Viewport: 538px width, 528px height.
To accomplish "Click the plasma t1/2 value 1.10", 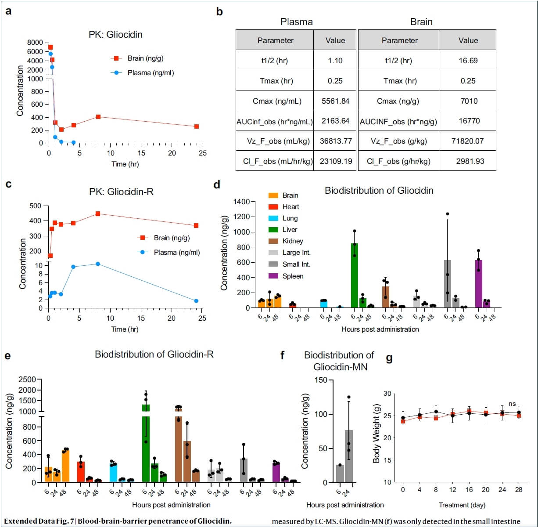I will click(335, 61).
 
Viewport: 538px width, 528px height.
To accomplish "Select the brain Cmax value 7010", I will click(469, 101).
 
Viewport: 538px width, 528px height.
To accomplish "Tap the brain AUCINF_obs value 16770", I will click(469, 121).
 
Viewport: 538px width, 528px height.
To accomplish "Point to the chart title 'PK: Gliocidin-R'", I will click(121, 192).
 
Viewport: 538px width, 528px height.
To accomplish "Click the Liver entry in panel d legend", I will click(289, 230).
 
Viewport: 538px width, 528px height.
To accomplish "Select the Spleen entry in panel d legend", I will click(292, 276).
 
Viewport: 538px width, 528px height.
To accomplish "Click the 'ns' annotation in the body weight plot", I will click(512, 404).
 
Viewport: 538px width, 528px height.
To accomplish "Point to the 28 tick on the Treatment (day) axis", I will click(519, 490).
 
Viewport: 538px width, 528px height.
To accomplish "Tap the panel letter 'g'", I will click(389, 358).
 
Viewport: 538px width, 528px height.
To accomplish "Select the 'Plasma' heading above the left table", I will click(297, 22).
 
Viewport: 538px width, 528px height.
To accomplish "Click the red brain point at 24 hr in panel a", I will click(197, 127).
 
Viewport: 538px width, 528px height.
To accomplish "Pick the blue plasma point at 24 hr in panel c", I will click(196, 301).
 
